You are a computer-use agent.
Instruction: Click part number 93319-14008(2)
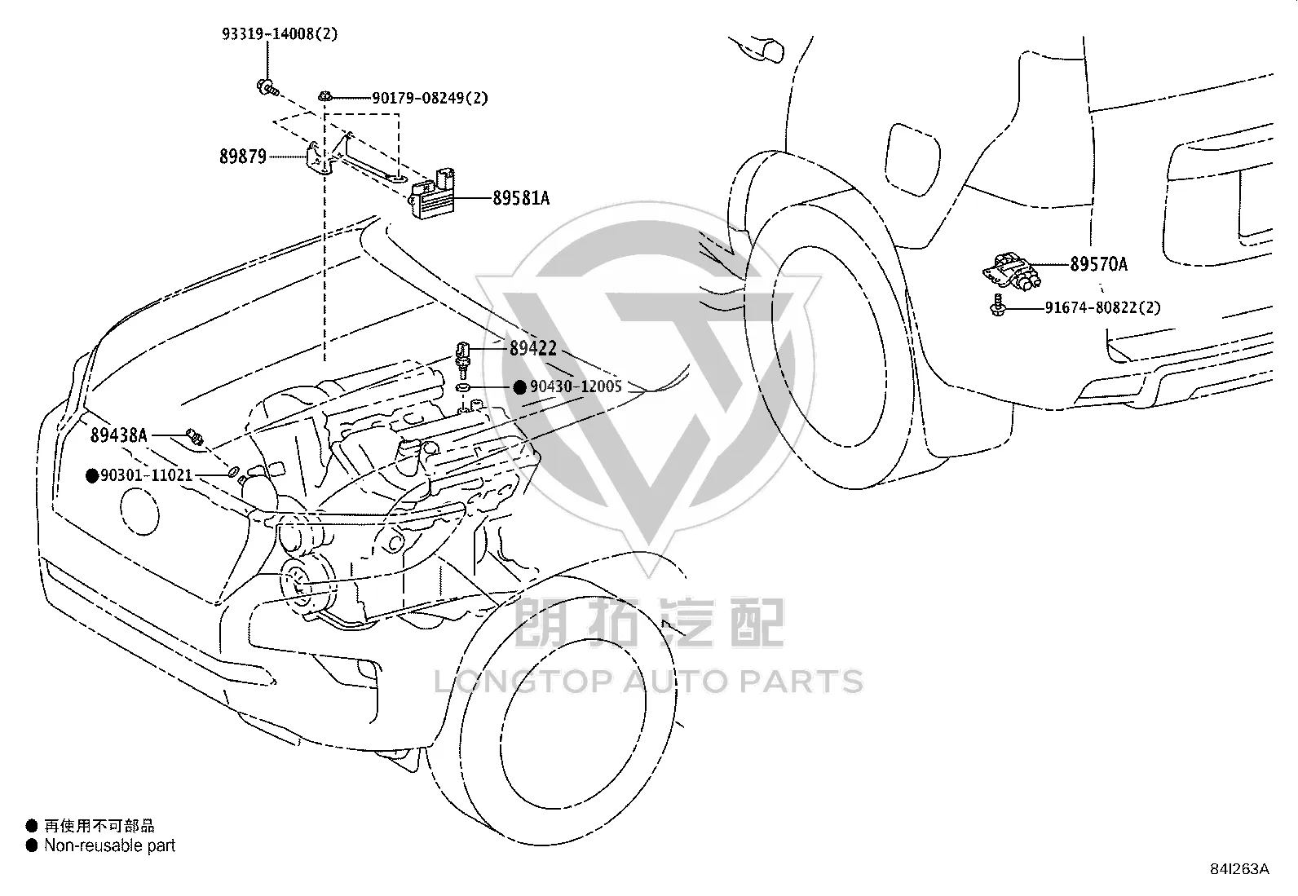(x=280, y=33)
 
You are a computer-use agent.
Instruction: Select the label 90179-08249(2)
(x=430, y=98)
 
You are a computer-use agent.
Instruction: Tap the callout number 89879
(x=243, y=157)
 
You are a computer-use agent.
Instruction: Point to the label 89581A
(x=521, y=198)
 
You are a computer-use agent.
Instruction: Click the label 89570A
(x=1099, y=264)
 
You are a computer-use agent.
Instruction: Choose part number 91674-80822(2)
(x=1103, y=307)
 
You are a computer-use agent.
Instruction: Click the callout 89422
(x=533, y=348)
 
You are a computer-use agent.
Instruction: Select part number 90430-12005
(x=576, y=386)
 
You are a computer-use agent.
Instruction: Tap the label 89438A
(x=119, y=435)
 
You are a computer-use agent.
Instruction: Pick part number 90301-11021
(x=147, y=475)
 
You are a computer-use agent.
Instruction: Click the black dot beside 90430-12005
(x=520, y=387)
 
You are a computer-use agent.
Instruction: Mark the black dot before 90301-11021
(x=91, y=476)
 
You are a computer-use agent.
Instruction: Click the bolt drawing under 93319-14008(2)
(x=267, y=87)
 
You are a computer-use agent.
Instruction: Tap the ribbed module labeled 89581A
(x=432, y=194)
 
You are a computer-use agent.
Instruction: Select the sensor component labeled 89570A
(x=1011, y=271)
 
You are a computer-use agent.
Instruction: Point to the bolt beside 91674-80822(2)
(x=997, y=305)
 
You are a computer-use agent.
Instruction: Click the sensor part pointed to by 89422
(x=462, y=360)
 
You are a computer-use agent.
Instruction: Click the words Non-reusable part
(x=109, y=845)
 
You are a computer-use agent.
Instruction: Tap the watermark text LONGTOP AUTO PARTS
(x=649, y=682)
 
